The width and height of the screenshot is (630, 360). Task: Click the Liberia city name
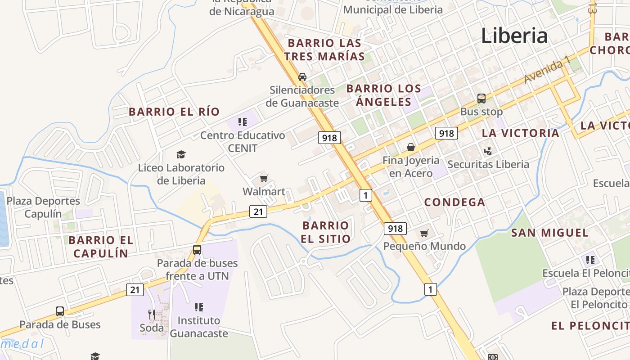(x=514, y=36)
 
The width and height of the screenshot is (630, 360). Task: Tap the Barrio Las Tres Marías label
(x=324, y=49)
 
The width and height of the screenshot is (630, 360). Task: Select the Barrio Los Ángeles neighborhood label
(x=384, y=95)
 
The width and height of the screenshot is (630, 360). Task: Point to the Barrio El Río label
(x=174, y=112)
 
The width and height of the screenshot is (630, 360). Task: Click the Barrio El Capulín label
(x=101, y=247)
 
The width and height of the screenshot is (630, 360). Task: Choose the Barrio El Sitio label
(x=326, y=232)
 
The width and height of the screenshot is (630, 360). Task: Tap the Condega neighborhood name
(x=454, y=202)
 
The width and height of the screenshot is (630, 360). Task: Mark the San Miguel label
(x=549, y=233)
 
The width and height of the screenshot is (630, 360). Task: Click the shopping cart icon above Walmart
(x=264, y=179)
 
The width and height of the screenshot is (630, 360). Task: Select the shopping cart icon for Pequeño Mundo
(x=424, y=233)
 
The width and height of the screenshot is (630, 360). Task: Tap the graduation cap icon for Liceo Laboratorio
(x=181, y=155)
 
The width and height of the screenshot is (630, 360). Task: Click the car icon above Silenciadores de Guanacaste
(x=302, y=77)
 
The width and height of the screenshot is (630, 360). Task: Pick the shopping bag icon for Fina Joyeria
(x=411, y=147)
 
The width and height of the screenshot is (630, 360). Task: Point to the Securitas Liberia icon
(x=488, y=151)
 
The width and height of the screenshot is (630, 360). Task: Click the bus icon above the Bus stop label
(x=481, y=99)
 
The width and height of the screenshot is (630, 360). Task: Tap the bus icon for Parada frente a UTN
(x=197, y=250)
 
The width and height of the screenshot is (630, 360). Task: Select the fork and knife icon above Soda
(x=152, y=314)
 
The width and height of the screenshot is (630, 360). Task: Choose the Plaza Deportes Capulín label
(x=43, y=207)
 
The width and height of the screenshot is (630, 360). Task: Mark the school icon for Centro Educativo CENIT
(x=243, y=122)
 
